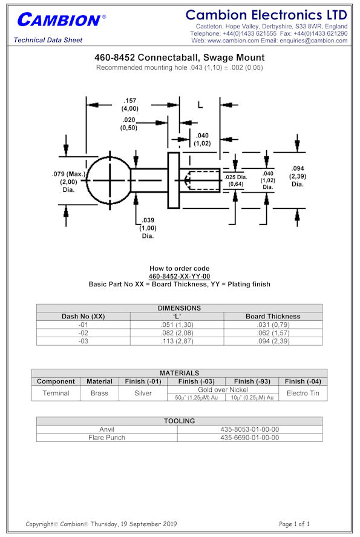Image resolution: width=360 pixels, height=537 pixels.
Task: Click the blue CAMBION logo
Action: [x=61, y=19]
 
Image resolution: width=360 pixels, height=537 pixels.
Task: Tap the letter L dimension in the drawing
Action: [x=200, y=105]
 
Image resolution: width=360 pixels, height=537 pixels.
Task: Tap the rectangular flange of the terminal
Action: [x=174, y=180]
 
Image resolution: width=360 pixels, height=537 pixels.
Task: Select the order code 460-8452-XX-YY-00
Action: [x=179, y=277]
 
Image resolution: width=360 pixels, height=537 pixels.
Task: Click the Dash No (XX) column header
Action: [x=83, y=317]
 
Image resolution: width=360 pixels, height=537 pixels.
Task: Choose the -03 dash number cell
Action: [x=83, y=341]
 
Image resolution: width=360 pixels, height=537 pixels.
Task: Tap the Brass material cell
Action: [x=99, y=393]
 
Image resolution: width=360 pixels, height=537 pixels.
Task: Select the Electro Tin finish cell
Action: [x=303, y=393]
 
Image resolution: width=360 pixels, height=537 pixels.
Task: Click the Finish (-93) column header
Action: [x=252, y=381]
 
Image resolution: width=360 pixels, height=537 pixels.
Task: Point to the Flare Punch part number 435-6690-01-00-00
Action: [x=250, y=438]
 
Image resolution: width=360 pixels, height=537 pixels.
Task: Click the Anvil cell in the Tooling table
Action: [x=106, y=429]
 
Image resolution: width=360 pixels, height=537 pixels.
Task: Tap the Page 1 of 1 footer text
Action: [x=294, y=524]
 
